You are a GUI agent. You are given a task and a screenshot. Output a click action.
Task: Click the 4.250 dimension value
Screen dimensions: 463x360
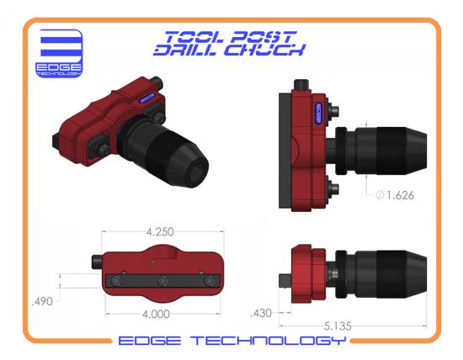coord(160,232)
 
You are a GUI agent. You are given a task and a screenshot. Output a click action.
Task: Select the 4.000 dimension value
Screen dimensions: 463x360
coord(156,315)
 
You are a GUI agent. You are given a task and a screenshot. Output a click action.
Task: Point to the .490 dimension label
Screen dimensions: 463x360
coord(42,302)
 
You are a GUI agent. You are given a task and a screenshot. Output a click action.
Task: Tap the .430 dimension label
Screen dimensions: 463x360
coord(261,313)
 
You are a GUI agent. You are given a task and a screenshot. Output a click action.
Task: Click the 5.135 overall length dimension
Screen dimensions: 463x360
coord(338,326)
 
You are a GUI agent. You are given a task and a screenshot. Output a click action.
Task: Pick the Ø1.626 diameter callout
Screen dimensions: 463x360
coord(395,195)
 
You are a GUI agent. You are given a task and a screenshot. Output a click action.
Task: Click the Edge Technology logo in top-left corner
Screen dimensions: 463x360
coord(59,53)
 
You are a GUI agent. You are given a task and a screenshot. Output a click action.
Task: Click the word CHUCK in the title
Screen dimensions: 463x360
coord(264,50)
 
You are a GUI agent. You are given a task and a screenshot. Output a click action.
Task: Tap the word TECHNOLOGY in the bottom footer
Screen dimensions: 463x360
coord(268,341)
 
